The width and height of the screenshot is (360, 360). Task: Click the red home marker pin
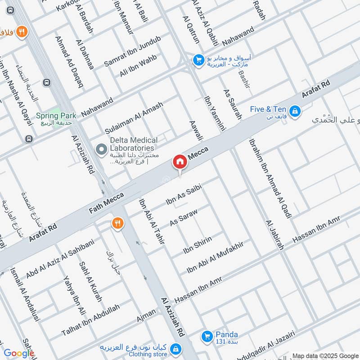tap(180, 162)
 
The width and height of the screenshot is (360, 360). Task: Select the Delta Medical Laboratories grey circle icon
tap(102, 148)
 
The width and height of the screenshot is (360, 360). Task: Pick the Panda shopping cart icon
tap(207, 336)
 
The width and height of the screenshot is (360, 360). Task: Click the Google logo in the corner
tap(19, 353)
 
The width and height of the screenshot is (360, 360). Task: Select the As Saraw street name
tap(184, 216)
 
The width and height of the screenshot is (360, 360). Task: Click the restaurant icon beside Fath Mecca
tap(117, 223)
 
